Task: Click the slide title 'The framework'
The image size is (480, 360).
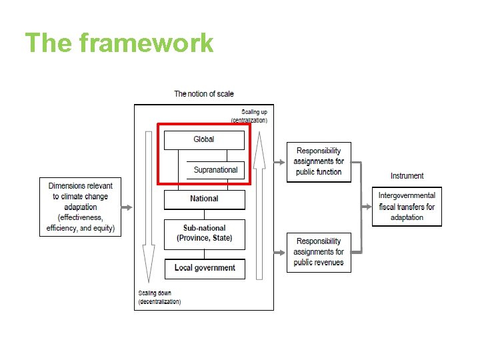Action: coord(119,43)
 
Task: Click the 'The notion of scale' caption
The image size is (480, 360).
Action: coord(204,94)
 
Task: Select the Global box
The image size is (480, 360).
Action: coord(204,140)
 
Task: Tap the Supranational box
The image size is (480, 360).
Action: coord(215,170)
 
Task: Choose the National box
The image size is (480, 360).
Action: coord(204,199)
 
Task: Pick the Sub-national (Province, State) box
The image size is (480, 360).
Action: coord(204,233)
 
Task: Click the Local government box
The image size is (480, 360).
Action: coord(205,268)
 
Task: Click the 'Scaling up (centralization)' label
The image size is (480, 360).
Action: coord(249,116)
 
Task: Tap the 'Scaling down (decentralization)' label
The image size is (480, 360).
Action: coord(159,297)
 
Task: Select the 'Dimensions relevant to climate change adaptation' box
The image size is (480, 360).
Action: coord(81,207)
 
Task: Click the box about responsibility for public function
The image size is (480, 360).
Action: coord(319,161)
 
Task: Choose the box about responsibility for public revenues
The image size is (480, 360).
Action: coord(319,252)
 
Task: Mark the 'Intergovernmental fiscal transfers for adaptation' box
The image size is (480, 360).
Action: coord(407,207)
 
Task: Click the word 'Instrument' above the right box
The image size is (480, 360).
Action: coord(407,176)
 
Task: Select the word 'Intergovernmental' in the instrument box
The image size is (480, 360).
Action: coord(407,196)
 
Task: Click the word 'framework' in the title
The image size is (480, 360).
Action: coord(146,43)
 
